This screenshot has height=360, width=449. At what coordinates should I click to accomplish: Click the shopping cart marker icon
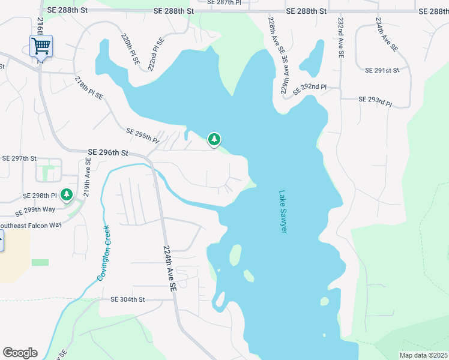[x=41, y=46]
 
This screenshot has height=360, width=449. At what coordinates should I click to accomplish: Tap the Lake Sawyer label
[x=283, y=212]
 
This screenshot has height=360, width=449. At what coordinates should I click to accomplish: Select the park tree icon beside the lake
[x=214, y=140]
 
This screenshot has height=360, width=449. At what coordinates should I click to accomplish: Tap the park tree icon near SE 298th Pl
[x=67, y=194]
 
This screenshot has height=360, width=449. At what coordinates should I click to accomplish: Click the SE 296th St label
[x=108, y=153]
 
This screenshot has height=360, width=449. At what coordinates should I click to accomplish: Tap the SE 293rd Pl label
[x=375, y=100]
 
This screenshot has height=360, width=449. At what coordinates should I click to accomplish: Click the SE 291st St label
[x=382, y=70]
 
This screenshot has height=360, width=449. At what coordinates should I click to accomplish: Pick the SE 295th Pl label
[x=142, y=136]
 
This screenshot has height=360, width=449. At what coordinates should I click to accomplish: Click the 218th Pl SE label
[x=89, y=88]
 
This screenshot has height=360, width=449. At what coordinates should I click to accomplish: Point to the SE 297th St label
[x=19, y=158]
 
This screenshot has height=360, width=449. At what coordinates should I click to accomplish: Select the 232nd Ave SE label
[x=341, y=37]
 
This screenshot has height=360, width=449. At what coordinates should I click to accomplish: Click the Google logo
[x=20, y=352]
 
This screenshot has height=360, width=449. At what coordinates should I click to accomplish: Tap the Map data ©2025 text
[x=423, y=355]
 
